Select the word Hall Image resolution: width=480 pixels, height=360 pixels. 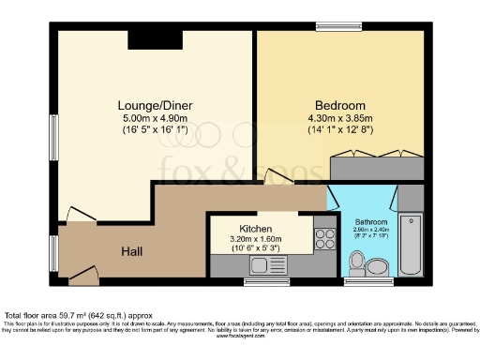pos(132,251)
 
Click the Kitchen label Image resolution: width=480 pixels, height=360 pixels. pos(256,229)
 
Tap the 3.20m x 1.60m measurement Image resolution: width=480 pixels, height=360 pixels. pos(256,240)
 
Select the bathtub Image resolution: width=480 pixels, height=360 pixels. pos(412,246)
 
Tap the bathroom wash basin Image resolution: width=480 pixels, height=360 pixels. pos(352,265)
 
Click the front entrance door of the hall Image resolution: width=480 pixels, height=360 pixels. pos(82,274)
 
